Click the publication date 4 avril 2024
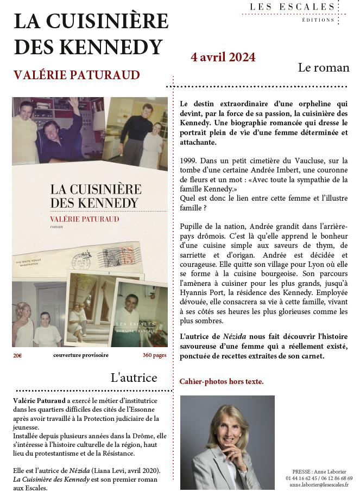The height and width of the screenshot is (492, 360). point(223,57)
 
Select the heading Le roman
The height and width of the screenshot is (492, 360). point(324,68)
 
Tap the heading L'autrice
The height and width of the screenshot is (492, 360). point(134,378)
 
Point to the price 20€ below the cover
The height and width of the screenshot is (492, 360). point(18,355)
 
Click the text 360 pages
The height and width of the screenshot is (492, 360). point(154,355)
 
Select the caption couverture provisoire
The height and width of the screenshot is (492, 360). point(81,355)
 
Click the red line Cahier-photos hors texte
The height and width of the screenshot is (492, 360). point(222,381)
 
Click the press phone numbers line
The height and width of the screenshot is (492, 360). point(319,478)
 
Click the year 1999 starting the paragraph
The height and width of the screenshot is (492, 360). point(188,161)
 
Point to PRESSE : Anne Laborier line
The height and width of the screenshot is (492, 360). point(319,472)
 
